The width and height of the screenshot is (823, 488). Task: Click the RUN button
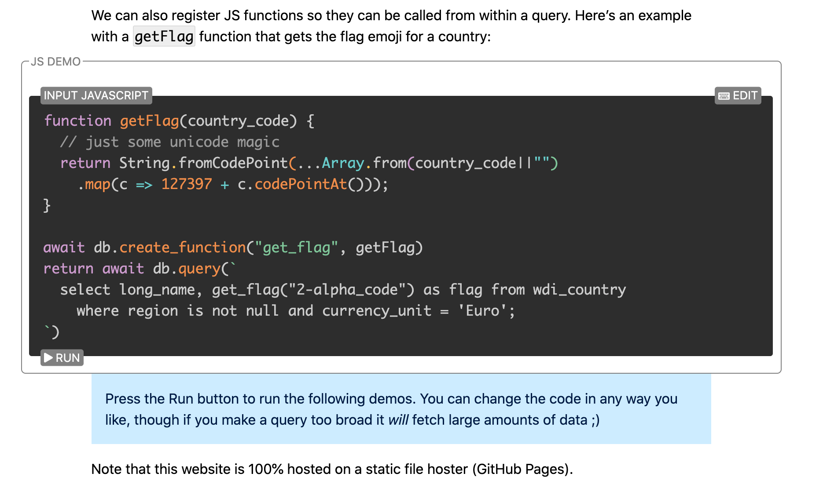coord(62,358)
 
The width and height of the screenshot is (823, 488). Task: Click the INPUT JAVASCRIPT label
coord(96,95)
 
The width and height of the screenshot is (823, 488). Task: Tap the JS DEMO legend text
coord(56,62)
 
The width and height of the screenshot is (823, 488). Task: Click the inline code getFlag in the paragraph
coord(164,36)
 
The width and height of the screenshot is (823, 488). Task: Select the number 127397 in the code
coord(187,184)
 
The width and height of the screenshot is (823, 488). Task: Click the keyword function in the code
coord(78,121)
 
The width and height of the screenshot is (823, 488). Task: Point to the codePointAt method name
coord(301,184)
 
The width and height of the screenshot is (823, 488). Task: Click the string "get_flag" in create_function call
coord(297,248)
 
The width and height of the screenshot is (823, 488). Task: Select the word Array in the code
coord(343,163)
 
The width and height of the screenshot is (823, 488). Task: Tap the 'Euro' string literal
coord(483,311)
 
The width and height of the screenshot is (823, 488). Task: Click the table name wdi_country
coord(579,290)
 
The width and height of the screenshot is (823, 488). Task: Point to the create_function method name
coord(182,248)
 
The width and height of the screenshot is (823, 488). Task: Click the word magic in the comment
coord(258,142)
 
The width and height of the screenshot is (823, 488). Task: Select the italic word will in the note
coord(398,420)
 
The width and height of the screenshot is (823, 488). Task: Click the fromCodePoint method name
coord(233,163)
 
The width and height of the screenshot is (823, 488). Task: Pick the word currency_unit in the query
coord(377,311)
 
